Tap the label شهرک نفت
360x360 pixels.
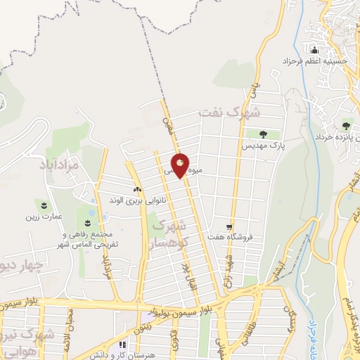[x=229, y=112]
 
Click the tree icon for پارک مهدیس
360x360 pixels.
[x=262, y=134]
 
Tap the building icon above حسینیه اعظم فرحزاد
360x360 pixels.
[x=314, y=50]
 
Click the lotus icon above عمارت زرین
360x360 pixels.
[x=45, y=205]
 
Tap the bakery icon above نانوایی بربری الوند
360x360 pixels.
[x=138, y=190]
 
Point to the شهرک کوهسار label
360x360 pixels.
[x=171, y=240]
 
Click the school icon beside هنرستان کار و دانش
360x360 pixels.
[x=122, y=345]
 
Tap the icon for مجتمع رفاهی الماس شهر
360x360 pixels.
[x=87, y=222]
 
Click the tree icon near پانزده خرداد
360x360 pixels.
[x=345, y=125]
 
